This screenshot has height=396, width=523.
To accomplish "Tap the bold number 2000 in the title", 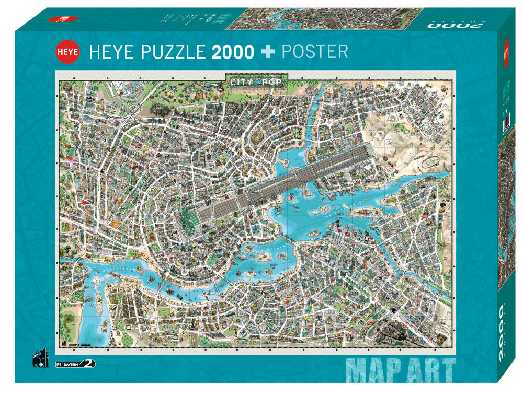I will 232,52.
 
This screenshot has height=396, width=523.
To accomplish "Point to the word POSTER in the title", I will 315,52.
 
